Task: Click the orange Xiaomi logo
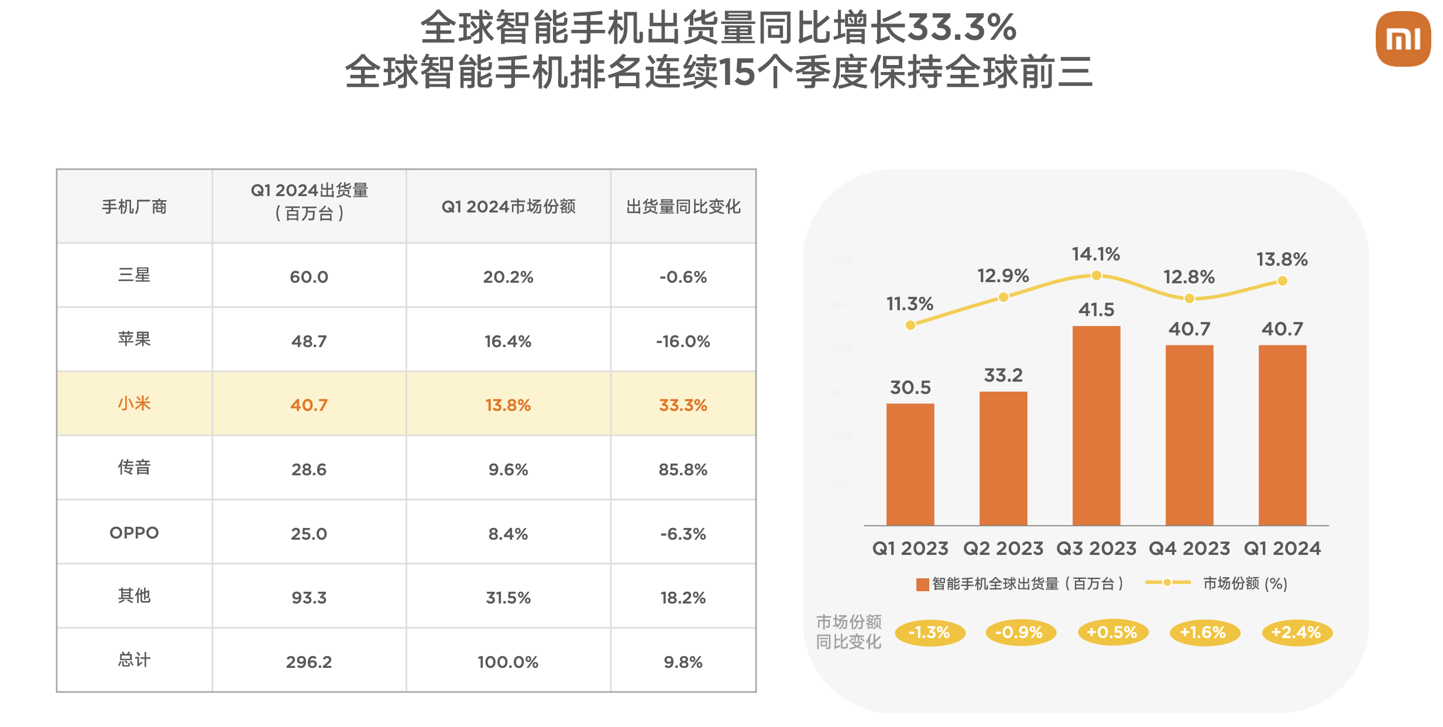1403,39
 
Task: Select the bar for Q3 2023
1096,426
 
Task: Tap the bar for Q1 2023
910,464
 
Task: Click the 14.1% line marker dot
1097,275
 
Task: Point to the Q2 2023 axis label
1003,548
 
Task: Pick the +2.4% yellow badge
1297,632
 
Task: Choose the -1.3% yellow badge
929,632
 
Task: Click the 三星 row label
134,275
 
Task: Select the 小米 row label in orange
134,404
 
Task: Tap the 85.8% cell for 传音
683,469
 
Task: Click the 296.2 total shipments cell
309,662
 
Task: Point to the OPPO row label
134,533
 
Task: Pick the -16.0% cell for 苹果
683,341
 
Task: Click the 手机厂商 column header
134,207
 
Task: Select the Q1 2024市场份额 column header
508,207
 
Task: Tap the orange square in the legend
922,584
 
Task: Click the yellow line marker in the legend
1167,582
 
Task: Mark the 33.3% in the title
961,28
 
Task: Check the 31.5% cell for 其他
508,598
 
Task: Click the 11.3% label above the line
909,304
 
